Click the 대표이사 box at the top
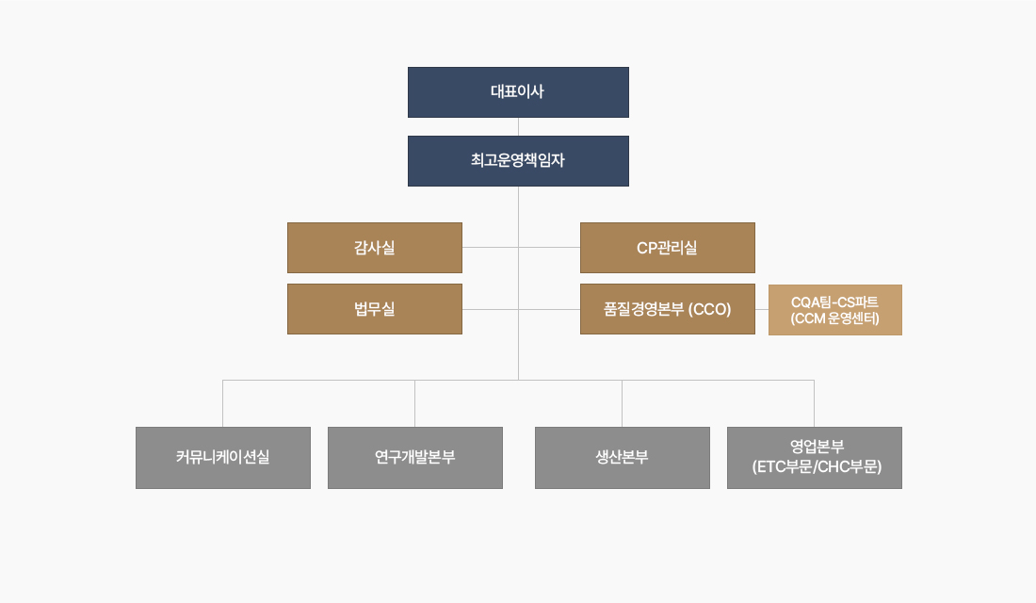tap(518, 92)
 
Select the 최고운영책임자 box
tap(518, 161)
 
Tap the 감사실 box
tap(374, 248)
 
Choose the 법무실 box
tap(374, 309)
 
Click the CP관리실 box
tap(667, 248)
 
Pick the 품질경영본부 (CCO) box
tap(667, 309)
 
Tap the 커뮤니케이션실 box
tap(222, 458)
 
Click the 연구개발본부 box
tap(414, 458)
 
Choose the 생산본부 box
tap(622, 458)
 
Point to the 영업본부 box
tap(814, 458)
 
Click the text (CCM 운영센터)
tap(834, 318)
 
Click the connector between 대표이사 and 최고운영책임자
tap(518, 126)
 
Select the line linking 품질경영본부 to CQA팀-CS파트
tap(762, 309)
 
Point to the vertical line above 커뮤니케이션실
tap(222, 403)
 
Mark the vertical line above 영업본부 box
tap(814, 403)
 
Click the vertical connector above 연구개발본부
tap(414, 403)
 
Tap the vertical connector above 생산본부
tap(622, 403)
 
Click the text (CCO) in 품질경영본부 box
tap(709, 309)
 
